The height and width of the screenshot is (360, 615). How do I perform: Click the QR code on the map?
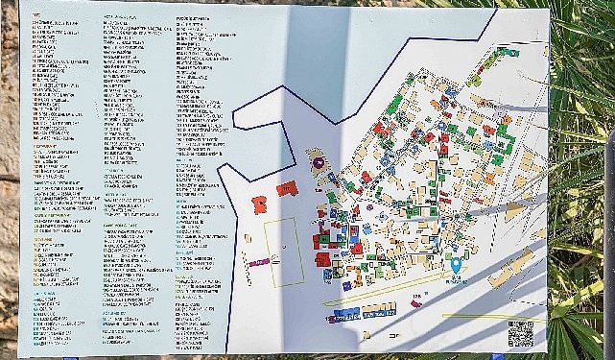click(x=519, y=333)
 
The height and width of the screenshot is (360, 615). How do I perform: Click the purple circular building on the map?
click(x=318, y=164)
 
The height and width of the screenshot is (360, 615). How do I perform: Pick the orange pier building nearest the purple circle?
click(x=287, y=189)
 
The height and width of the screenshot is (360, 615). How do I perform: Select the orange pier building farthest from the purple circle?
click(x=259, y=204)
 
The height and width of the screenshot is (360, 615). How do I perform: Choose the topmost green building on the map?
click(x=507, y=51)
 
